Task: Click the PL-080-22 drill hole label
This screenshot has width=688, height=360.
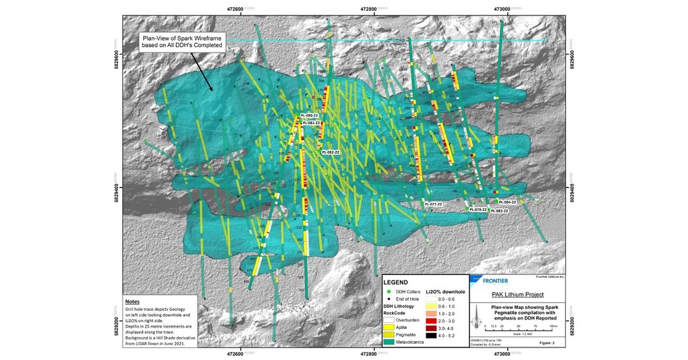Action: coord(309,116)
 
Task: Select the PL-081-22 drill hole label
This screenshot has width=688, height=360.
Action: coord(311,123)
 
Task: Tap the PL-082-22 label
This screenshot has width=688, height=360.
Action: coord(331,152)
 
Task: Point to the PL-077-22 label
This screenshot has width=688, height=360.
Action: coord(432,203)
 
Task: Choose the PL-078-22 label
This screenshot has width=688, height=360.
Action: coord(478,210)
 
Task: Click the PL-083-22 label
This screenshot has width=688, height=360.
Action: coord(498,210)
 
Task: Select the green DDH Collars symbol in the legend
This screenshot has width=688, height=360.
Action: coord(389,291)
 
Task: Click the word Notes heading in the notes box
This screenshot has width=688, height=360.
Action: coord(134,301)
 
